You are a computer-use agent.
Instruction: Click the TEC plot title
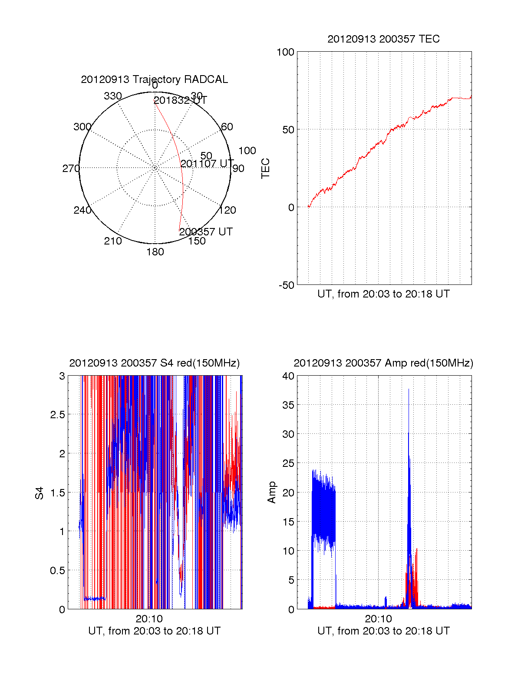pyautogui.click(x=383, y=39)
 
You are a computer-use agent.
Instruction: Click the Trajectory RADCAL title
pyautogui.click(x=154, y=79)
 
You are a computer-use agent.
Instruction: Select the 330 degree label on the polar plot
pyautogui.click(x=112, y=96)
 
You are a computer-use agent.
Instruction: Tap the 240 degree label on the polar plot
pyautogui.click(x=82, y=210)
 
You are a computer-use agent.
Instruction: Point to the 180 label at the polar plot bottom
pyautogui.click(x=155, y=252)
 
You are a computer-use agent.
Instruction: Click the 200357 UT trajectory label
pyautogui.click(x=206, y=232)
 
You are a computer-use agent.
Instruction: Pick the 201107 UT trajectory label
pyautogui.click(x=207, y=164)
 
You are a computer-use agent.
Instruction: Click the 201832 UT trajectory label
pyautogui.click(x=180, y=100)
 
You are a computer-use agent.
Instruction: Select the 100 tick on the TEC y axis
pyautogui.click(x=285, y=52)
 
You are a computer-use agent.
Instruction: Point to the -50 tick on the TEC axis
pyautogui.click(x=286, y=285)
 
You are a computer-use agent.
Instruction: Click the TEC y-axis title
pyautogui.click(x=265, y=168)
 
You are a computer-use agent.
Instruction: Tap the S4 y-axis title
pyautogui.click(x=40, y=493)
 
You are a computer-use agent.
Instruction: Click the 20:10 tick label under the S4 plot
pyautogui.click(x=149, y=619)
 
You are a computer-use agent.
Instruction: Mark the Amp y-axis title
pyautogui.click(x=272, y=492)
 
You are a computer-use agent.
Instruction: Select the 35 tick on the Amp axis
pyautogui.click(x=288, y=405)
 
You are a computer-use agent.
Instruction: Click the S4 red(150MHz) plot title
pyautogui.click(x=154, y=363)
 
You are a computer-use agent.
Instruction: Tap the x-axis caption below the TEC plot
pyautogui.click(x=383, y=294)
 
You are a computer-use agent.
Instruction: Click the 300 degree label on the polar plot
pyautogui.click(x=82, y=127)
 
